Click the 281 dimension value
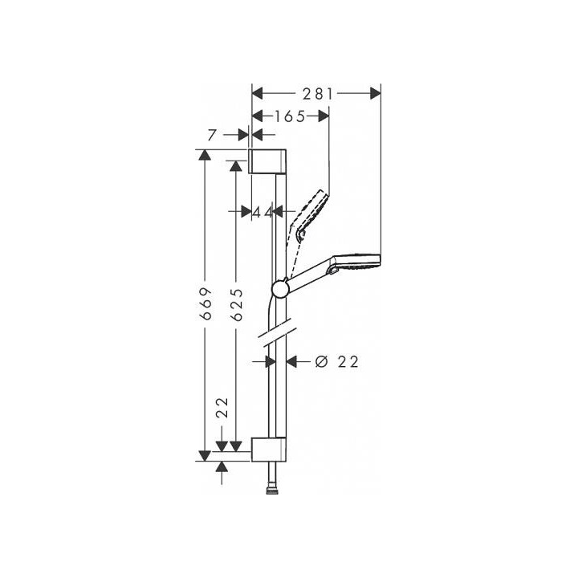(319, 94)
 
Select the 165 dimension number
(290, 116)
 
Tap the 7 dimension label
(211, 136)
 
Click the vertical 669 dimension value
(206, 304)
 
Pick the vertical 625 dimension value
(236, 304)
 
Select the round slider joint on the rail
(279, 289)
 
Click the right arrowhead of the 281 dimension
(375, 94)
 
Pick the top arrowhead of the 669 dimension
(206, 155)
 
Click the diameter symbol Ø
(320, 362)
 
